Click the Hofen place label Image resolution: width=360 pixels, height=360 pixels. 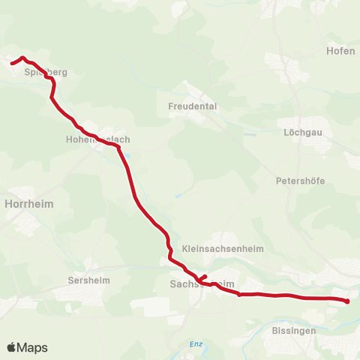[x=341, y=51]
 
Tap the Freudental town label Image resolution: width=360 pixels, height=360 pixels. [x=192, y=106]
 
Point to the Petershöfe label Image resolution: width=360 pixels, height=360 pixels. [x=300, y=181]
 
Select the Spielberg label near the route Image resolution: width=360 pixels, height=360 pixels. [x=46, y=73]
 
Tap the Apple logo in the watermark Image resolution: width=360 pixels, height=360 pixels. [x=11, y=347]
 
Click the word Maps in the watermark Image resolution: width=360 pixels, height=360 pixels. [x=32, y=347]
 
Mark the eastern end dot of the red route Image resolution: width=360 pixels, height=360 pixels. [x=347, y=301]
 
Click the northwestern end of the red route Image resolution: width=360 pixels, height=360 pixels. [x=13, y=63]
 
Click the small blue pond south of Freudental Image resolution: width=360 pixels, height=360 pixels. [x=179, y=196]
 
